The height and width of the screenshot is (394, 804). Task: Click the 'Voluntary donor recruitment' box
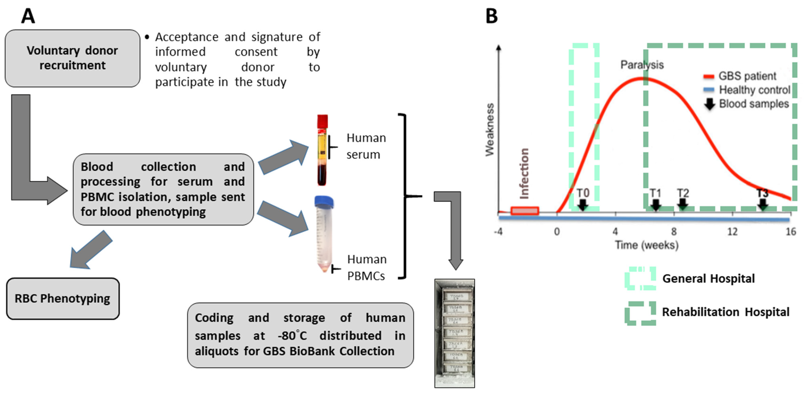pos(72,58)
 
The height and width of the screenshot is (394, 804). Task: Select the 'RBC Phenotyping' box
pos(63,298)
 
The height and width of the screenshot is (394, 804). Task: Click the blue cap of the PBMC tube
pos(324,201)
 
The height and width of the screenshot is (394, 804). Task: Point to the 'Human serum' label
pos(366,146)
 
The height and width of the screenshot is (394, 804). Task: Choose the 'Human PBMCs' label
pos(366,268)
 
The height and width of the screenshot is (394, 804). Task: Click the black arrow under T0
pos(582,205)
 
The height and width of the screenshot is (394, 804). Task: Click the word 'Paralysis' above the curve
pos(642,65)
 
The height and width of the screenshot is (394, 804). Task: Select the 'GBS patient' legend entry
pos(747,76)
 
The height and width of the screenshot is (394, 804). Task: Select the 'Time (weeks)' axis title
pos(646,245)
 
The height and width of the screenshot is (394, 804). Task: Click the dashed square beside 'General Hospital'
pos(640,278)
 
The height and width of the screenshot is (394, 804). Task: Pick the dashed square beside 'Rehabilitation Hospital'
pos(640,313)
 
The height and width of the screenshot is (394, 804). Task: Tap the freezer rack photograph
pos(454,333)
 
